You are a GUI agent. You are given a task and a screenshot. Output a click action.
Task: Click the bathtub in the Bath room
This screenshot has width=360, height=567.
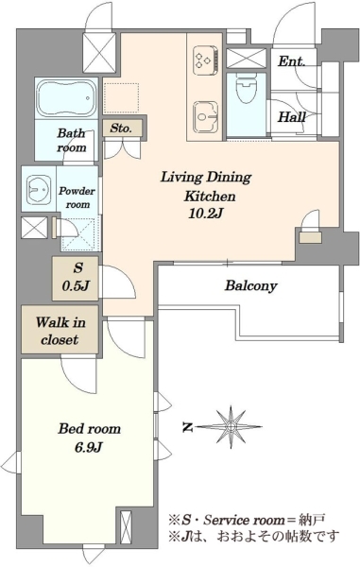pyautogui.click(x=67, y=97)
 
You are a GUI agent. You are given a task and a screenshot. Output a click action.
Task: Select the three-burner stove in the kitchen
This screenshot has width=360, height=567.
pyautogui.click(x=206, y=60)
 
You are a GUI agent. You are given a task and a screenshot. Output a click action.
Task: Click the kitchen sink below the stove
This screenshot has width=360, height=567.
pyautogui.click(x=205, y=116)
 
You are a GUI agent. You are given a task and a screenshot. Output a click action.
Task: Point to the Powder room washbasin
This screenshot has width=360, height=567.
pyautogui.click(x=39, y=189)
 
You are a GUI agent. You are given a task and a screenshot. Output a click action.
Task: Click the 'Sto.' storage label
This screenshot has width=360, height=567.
pyautogui.click(x=121, y=128)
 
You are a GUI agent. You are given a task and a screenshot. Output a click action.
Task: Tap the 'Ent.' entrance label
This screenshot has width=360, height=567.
pyautogui.click(x=291, y=61)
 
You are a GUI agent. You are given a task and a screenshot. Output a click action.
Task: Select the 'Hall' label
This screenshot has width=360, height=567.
pyautogui.click(x=291, y=117)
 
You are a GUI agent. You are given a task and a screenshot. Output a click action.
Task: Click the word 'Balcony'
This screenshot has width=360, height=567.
pyautogui.click(x=250, y=286)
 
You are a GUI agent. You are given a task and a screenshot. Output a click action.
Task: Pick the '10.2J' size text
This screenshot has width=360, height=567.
pyautogui.click(x=205, y=214)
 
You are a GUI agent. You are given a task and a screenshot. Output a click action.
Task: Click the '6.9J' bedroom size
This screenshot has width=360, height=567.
pyautogui.click(x=89, y=448)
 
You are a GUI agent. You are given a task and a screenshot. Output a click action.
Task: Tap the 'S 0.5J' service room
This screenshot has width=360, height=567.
pyautogui.click(x=76, y=279)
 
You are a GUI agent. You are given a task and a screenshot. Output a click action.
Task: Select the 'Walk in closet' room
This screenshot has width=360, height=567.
pyautogui.click(x=60, y=330)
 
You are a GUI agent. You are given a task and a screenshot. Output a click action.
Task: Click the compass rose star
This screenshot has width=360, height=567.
pyautogui.click(x=231, y=427)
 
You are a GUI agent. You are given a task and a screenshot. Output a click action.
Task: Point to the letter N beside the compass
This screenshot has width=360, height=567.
pyautogui.click(x=187, y=427)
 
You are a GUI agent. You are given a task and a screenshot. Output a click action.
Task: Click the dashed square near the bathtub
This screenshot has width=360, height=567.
pyautogui.click(x=122, y=98)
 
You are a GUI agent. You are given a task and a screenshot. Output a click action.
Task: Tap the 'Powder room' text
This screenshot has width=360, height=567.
pyautogui.click(x=77, y=198)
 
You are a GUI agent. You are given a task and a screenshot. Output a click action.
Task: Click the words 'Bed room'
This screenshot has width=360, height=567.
pyautogui.click(x=89, y=429)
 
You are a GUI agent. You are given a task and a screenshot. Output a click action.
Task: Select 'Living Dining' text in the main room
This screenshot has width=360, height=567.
pyautogui.click(x=206, y=178)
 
